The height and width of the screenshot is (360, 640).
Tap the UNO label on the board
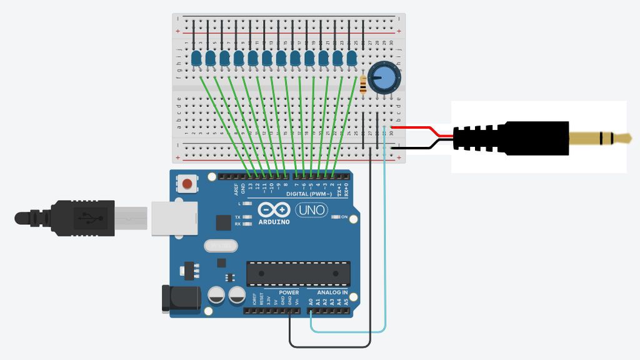click(311, 211)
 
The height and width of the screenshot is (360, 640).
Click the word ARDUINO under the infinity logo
click(274, 222)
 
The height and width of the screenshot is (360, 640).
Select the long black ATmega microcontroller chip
click(298, 273)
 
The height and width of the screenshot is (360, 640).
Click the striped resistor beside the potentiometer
click(364, 84)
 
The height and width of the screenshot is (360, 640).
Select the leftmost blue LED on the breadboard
click(196, 59)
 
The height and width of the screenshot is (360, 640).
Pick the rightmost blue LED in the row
click(351, 59)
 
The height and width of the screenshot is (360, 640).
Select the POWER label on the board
click(288, 292)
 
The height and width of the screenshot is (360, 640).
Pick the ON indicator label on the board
click(343, 217)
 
